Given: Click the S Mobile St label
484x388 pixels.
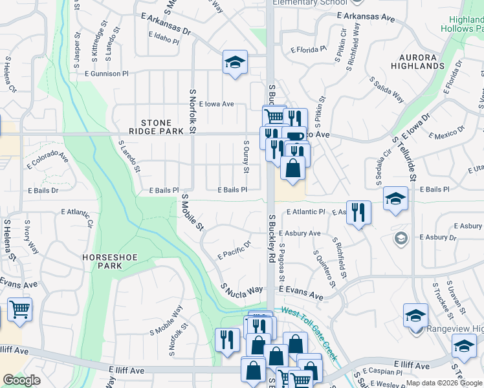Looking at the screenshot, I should [193, 213].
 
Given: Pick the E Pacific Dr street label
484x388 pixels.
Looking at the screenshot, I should [234, 250].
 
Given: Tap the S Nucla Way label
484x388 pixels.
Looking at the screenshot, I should [242, 289].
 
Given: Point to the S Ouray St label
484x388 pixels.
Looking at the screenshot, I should [246, 157].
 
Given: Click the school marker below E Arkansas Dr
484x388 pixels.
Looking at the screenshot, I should [235, 63].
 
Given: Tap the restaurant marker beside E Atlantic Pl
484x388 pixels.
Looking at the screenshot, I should [359, 212].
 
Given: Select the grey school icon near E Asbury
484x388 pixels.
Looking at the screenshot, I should [401, 239].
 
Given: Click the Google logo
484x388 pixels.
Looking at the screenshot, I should [22, 380].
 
